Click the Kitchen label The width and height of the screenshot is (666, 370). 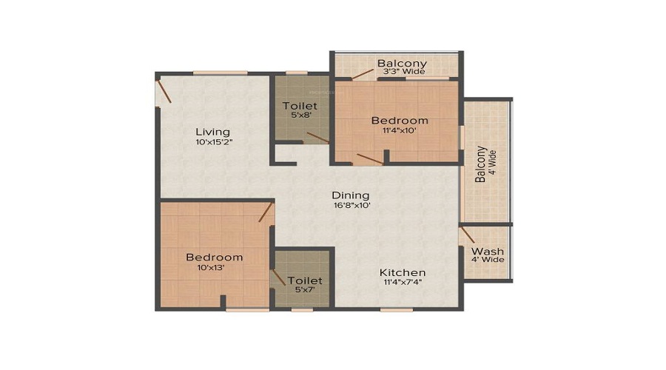403,272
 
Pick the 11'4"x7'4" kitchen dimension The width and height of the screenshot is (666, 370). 403,283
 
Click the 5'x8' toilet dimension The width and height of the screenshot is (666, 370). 300,116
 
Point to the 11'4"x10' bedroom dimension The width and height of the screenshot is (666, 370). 400,131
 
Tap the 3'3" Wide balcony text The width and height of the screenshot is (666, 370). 402,72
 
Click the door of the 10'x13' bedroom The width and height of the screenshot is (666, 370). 266,212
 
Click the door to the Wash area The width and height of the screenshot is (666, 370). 467,235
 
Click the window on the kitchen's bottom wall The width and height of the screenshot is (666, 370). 396,309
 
